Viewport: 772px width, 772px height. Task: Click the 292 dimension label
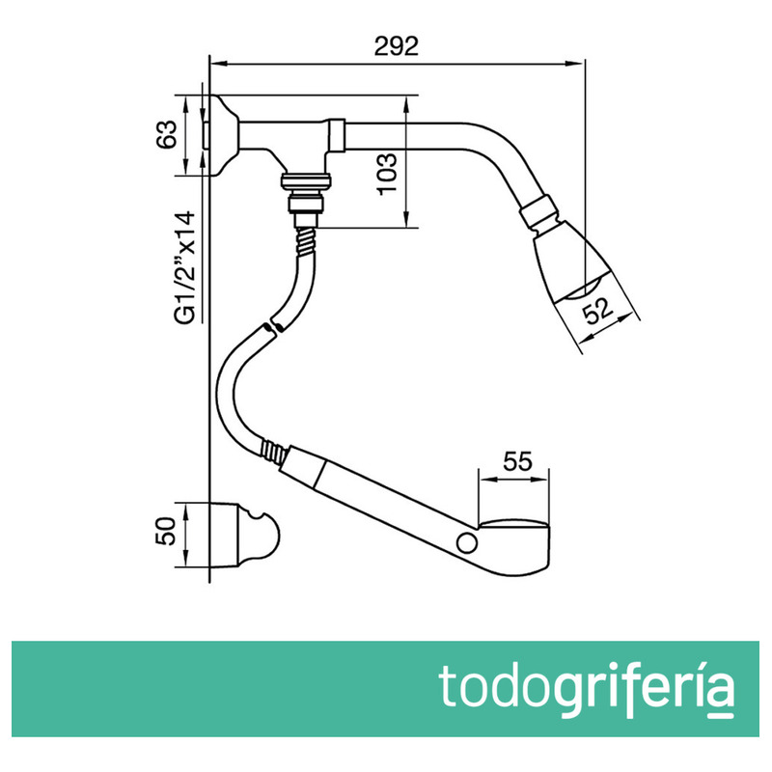[396, 45]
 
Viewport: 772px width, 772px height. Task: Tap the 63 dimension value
[166, 134]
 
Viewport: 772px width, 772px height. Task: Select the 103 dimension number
[388, 175]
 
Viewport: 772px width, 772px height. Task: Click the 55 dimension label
[517, 461]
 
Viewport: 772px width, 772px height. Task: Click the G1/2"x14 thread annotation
[185, 268]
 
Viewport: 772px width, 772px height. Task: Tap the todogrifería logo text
[586, 686]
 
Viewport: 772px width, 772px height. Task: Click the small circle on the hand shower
[466, 542]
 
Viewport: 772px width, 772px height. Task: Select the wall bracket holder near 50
[245, 536]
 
